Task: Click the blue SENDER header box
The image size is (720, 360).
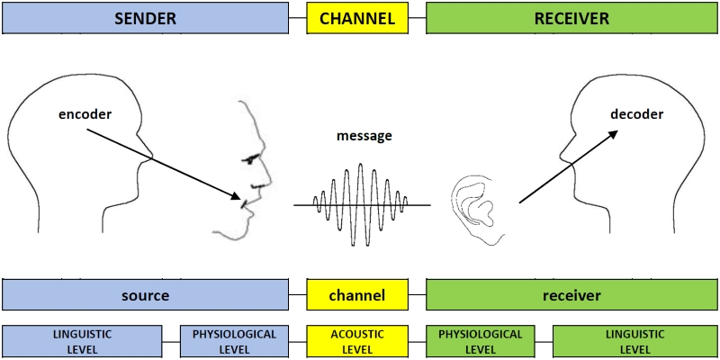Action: click(146, 18)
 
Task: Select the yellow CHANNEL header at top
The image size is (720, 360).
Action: click(357, 18)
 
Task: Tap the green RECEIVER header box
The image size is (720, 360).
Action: click(571, 18)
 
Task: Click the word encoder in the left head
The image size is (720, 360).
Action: click(85, 115)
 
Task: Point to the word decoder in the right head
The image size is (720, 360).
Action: click(636, 114)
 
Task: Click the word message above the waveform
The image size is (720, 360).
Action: click(364, 136)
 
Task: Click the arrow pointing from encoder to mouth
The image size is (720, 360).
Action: click(162, 163)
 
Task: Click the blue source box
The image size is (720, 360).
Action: click(146, 295)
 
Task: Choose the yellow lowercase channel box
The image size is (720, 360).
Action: click(357, 295)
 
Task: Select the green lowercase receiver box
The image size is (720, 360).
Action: click(571, 295)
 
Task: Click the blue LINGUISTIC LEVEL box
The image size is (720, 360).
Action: click(82, 341)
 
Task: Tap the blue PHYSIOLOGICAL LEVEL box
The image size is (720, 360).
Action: click(234, 341)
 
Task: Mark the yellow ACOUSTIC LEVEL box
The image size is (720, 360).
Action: click(357, 341)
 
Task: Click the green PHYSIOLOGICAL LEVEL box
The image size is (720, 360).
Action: click(480, 341)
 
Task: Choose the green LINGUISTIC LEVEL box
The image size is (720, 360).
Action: click(635, 341)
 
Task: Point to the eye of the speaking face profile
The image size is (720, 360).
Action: click(251, 158)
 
